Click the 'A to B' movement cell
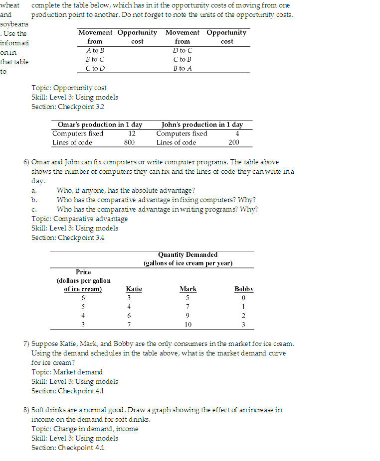click(x=95, y=50)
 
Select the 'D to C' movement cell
click(x=183, y=50)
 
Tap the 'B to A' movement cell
click(x=183, y=68)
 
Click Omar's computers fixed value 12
click(x=132, y=133)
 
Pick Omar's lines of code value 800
click(x=130, y=142)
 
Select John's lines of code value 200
click(x=233, y=142)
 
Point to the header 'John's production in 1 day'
click(x=202, y=124)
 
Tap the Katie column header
click(x=134, y=289)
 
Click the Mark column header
click(x=188, y=289)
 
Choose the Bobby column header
click(x=244, y=289)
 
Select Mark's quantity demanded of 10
click(x=188, y=325)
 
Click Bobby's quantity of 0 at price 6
click(x=244, y=298)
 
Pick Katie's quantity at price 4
click(x=129, y=316)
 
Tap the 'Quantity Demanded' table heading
click(x=188, y=254)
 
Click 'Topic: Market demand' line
click(x=67, y=372)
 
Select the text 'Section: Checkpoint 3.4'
click(x=68, y=237)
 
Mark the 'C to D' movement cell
click(x=95, y=68)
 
